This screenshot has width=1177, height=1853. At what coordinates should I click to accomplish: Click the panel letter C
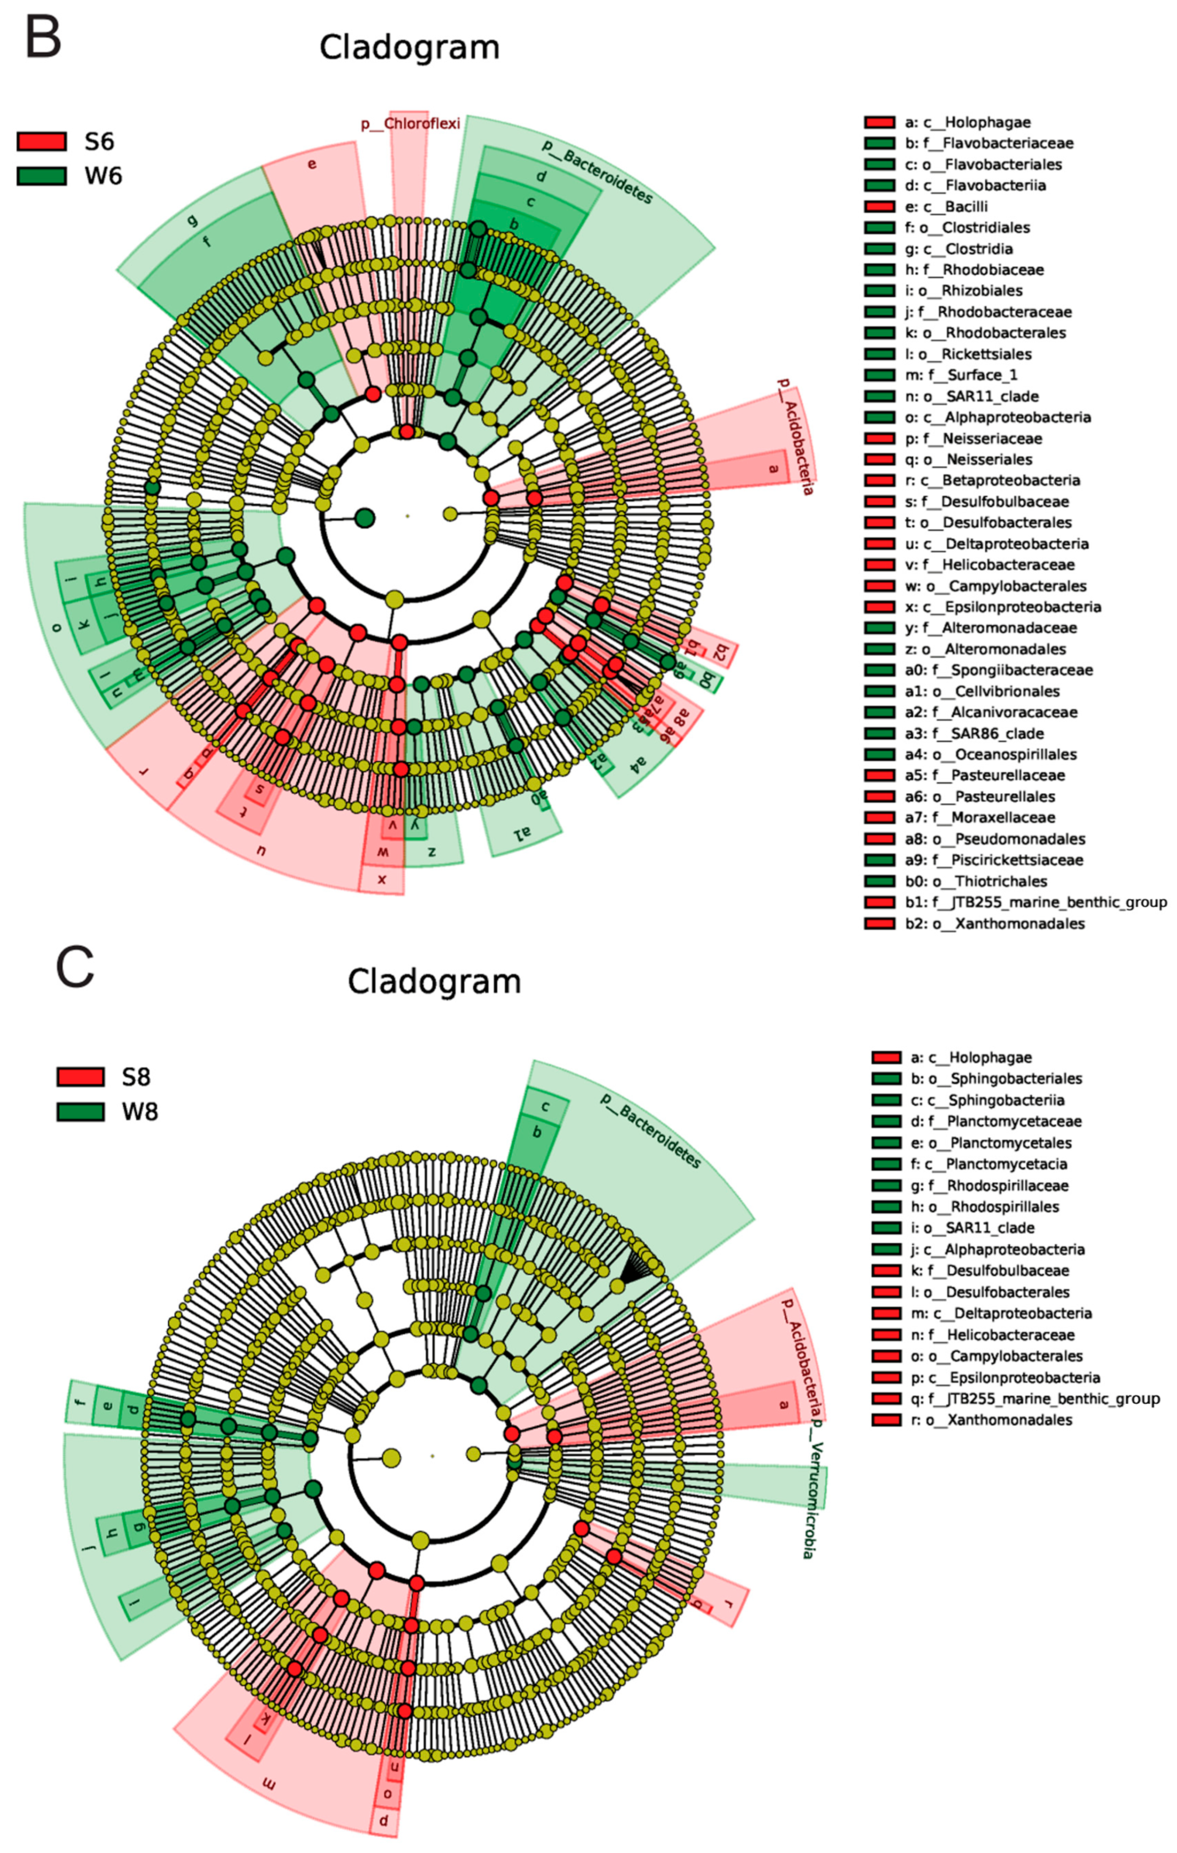[x=75, y=968]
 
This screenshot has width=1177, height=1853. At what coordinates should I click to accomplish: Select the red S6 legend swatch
[x=41, y=142]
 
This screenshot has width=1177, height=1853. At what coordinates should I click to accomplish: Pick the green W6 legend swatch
[x=41, y=176]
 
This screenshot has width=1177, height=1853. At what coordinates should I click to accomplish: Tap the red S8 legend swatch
[x=80, y=1077]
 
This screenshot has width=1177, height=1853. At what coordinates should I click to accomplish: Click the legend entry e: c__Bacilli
[x=946, y=206]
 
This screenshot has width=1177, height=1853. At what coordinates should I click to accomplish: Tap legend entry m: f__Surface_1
[x=969, y=375]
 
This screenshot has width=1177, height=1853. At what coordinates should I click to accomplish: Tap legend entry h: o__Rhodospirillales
[x=985, y=1207]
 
